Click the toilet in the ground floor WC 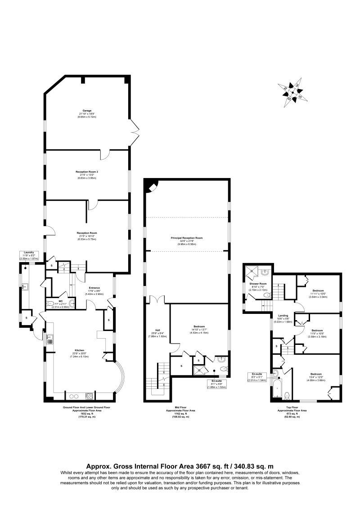[x=50, y=304]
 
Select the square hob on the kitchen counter [x=90, y=396]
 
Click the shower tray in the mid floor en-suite [x=198, y=370]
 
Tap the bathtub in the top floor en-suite [x=279, y=388]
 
